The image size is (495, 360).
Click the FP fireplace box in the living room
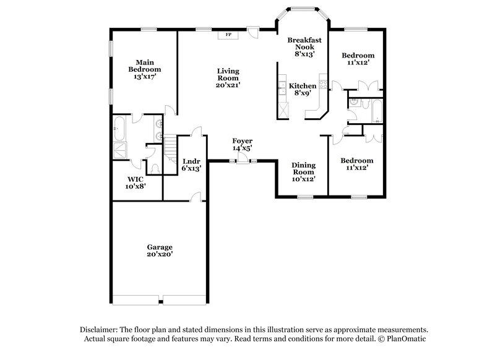coord(228,35)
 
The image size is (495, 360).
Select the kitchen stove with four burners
coord(322,81)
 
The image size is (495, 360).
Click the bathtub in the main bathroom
coord(119,131)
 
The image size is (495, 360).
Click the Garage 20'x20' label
coord(160,250)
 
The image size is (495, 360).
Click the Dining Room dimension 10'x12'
coord(304,179)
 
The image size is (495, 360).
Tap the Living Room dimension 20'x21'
coord(228,85)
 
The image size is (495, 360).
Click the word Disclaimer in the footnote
coord(99,330)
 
